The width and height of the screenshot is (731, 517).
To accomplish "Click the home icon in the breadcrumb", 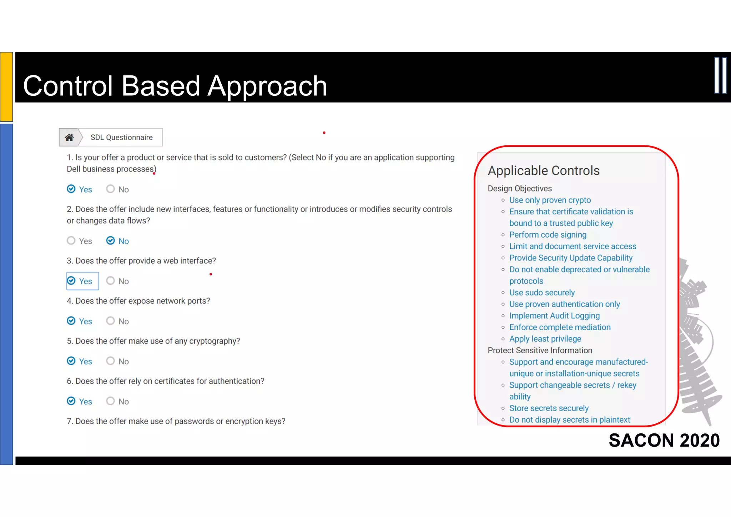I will pos(69,138).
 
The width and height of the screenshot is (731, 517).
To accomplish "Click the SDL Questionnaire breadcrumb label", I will pos(121,138).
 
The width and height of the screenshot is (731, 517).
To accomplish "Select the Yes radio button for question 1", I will pos(71,189).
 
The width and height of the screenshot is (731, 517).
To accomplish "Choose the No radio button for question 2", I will pos(111,241).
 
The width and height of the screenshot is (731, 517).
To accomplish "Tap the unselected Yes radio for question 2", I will pos(71,241).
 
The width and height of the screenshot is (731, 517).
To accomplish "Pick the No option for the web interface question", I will pos(111,281).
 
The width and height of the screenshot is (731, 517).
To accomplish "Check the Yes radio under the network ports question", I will pos(71,321).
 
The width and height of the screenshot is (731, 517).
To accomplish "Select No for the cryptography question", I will pos(111,361).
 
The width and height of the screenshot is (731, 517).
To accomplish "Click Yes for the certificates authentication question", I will pos(71,401).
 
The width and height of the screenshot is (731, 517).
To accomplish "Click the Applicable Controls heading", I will pos(543,171).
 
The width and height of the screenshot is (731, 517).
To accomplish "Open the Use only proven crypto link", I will pos(550,200).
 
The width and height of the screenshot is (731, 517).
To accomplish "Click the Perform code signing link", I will pos(548,235).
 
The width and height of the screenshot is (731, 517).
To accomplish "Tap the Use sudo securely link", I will pos(541,293).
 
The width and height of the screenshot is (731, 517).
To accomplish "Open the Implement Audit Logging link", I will pos(554,316).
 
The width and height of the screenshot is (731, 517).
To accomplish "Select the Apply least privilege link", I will pos(545,339).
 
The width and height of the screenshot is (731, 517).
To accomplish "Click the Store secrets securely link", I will pos(549,408).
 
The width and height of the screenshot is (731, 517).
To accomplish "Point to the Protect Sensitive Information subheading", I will pos(540,351).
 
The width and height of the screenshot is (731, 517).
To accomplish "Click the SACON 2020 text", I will pos(664,440).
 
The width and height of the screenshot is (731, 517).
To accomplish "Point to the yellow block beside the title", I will pos(6,86).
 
